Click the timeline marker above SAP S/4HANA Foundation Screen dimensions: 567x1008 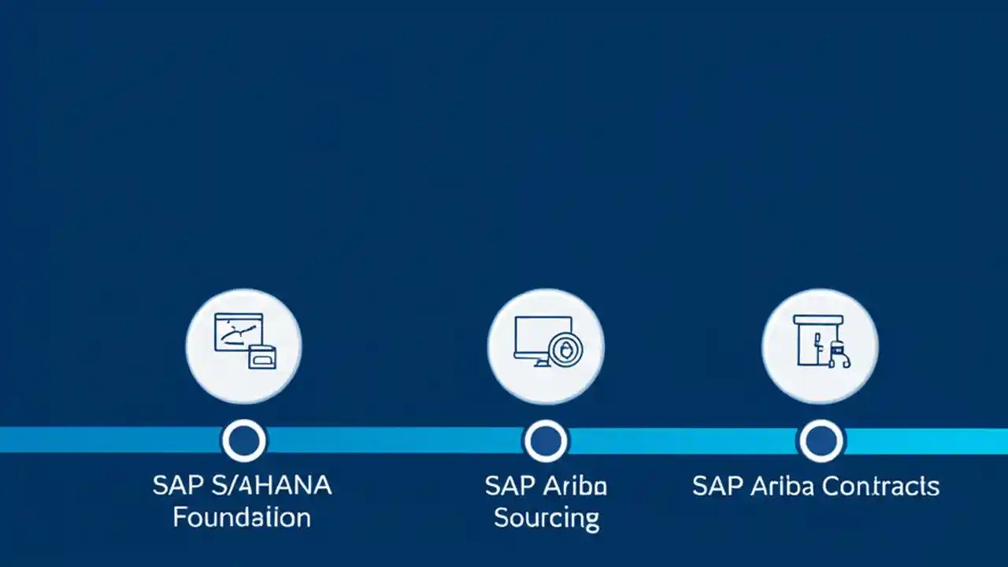coord(244,440)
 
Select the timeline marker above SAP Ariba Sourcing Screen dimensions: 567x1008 coord(545,440)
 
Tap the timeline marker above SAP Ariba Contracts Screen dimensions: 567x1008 coord(821,440)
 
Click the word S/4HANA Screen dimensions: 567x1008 coord(273,485)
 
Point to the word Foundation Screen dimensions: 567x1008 coord(242,517)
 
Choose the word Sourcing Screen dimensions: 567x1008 coord(547,518)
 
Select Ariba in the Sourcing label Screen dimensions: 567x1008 coord(577,486)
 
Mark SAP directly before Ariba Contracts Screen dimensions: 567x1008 coord(717,486)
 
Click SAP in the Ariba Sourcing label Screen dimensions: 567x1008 coord(511,486)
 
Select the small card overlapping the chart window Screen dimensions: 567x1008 coord(262,357)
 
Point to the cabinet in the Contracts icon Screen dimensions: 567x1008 coord(811,342)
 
